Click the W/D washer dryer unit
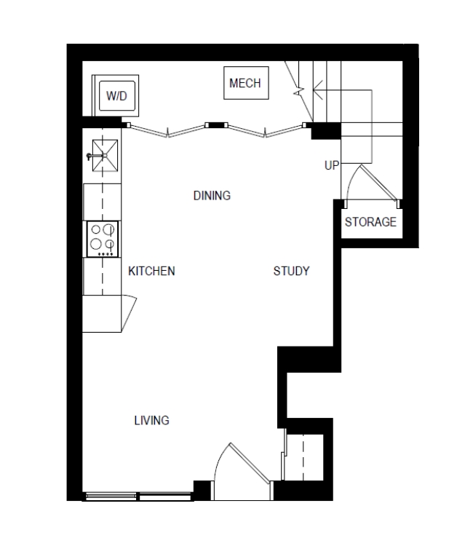(x=115, y=95)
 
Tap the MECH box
(x=246, y=83)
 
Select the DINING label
(x=212, y=196)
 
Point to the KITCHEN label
(x=151, y=272)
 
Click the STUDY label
(x=291, y=272)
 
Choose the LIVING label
(x=152, y=421)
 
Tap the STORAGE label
(x=370, y=222)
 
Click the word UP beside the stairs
(x=332, y=165)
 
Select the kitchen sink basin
(x=105, y=156)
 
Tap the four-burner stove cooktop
(x=103, y=240)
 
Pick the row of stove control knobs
(x=106, y=254)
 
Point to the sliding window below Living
(x=138, y=497)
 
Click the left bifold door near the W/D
(x=168, y=130)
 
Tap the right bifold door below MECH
(x=265, y=130)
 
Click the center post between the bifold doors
(x=216, y=125)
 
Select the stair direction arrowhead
(x=317, y=90)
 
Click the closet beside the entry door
(x=304, y=457)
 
